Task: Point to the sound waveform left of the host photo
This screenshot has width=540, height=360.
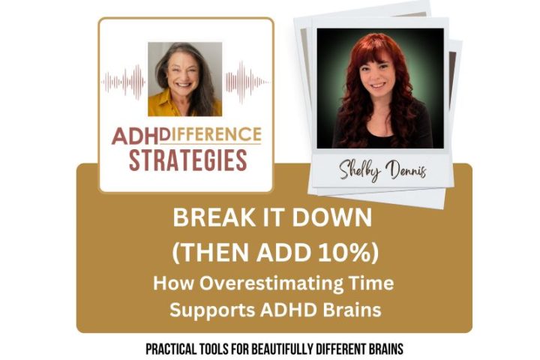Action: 124,79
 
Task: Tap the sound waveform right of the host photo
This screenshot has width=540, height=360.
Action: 245,79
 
